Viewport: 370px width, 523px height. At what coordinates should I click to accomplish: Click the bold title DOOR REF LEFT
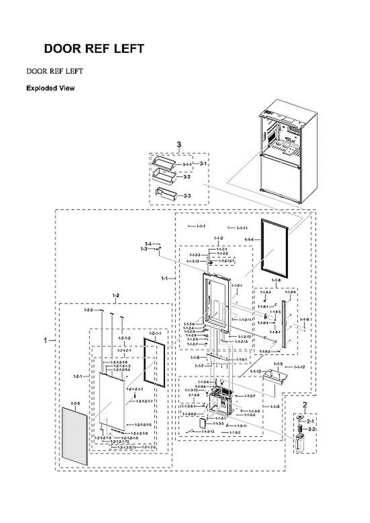coord(94,49)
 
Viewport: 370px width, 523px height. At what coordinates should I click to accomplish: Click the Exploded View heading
coord(50,88)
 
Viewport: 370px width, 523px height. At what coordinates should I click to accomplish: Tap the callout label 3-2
coord(186,177)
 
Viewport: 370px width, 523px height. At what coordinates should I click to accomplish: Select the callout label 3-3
coord(186,196)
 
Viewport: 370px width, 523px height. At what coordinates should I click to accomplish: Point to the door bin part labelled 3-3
coord(165,193)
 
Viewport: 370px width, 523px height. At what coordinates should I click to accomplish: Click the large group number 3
coord(179,144)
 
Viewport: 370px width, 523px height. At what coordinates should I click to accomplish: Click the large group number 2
coord(305,404)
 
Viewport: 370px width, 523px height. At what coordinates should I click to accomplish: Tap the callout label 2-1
coord(311,421)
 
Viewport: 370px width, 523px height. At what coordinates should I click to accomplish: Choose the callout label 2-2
coord(312,429)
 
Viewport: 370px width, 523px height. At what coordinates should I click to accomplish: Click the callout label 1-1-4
coord(249,240)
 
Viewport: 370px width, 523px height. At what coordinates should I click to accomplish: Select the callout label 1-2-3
coord(76,404)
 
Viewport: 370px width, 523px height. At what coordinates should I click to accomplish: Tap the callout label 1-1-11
coord(242,228)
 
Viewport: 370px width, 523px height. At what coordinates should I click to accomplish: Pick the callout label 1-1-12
coord(299,367)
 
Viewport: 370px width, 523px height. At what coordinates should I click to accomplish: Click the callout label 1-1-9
coord(304,319)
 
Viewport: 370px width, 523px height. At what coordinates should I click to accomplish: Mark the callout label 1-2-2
coord(88,310)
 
